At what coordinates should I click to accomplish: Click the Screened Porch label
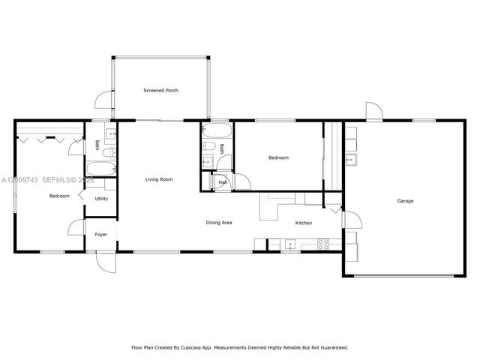(160, 90)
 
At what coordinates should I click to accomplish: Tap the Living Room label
(159, 179)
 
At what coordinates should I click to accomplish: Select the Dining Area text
(218, 223)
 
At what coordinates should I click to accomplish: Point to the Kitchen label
(303, 223)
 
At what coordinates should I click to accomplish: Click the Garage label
(405, 201)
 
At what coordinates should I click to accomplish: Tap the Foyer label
(100, 235)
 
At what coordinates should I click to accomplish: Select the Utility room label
(101, 199)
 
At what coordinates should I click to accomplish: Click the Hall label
(223, 182)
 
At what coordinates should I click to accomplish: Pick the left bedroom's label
(59, 196)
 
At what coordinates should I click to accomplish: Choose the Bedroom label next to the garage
(278, 158)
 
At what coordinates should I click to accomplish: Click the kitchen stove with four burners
(323, 243)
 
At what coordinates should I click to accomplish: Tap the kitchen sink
(289, 243)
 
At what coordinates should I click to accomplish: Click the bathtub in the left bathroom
(101, 169)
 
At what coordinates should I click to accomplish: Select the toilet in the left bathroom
(109, 153)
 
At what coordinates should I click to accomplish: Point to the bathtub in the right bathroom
(210, 133)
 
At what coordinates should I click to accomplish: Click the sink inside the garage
(350, 159)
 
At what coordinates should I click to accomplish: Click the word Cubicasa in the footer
(193, 347)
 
